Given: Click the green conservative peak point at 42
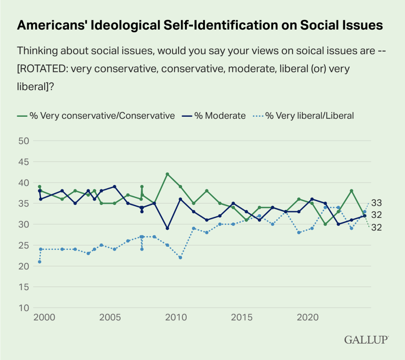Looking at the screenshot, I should coord(167,174).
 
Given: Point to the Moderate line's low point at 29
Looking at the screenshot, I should coord(167,228).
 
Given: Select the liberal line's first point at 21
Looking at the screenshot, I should coord(40,262).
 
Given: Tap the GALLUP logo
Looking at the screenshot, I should coord(366,340).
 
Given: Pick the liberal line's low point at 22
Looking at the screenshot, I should coord(180,258).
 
